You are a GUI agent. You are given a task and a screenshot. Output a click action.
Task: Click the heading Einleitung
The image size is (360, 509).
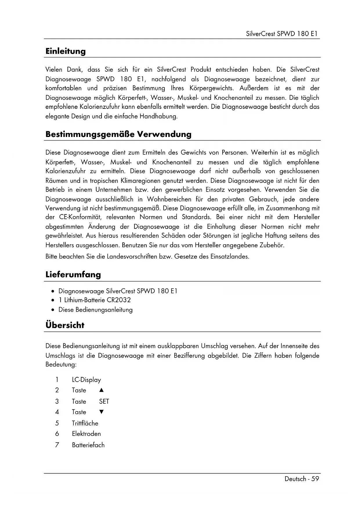(66, 51)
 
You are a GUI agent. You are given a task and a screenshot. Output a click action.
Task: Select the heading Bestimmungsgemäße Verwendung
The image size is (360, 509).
(118, 134)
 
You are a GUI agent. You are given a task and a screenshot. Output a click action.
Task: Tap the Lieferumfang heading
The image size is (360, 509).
(73, 275)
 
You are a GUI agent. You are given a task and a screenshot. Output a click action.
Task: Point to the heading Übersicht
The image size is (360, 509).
(65, 325)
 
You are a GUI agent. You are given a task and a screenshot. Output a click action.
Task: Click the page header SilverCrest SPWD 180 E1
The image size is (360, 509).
(282, 34)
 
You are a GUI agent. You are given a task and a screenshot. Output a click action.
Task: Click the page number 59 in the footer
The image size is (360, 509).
(315, 479)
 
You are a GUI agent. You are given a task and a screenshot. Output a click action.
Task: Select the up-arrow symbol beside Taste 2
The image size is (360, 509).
(101, 390)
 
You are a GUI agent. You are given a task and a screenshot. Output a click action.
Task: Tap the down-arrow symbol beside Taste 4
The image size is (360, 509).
(101, 412)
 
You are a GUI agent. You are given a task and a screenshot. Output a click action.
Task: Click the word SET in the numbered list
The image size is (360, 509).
(104, 401)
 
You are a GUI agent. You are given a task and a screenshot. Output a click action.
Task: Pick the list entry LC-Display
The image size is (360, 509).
(86, 380)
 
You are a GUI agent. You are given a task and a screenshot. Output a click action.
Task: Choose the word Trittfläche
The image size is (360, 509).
(85, 423)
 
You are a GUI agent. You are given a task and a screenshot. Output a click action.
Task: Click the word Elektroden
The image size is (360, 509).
(86, 434)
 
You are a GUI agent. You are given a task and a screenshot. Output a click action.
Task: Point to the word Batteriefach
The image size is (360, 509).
(88, 445)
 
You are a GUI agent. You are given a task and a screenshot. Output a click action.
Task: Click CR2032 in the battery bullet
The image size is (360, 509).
(119, 300)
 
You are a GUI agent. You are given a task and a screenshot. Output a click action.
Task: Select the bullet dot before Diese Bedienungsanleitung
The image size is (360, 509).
(53, 310)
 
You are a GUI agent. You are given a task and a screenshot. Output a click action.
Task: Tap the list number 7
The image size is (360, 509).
(57, 445)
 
